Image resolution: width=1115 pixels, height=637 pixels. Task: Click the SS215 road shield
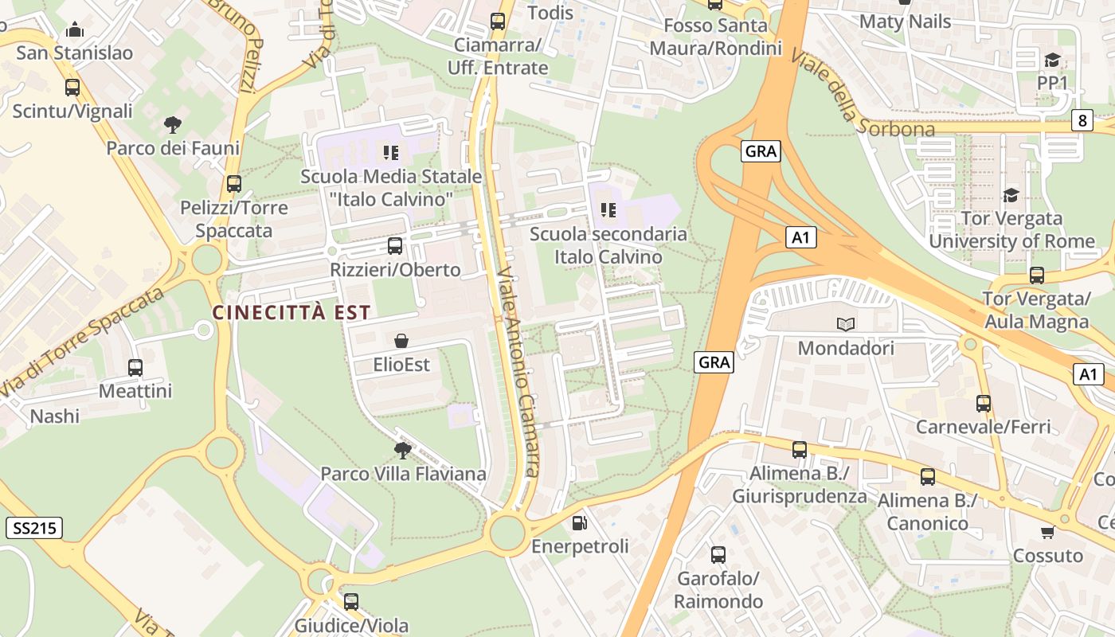(x=33, y=527)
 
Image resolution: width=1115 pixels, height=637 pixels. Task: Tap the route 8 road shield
(x=1081, y=120)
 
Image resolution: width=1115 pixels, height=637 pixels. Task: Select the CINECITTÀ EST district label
(x=291, y=312)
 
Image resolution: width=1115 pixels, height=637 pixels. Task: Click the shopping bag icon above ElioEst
(x=401, y=341)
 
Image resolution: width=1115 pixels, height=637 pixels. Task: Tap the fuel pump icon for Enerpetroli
(x=580, y=523)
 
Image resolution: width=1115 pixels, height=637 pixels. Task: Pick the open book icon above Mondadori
(x=846, y=324)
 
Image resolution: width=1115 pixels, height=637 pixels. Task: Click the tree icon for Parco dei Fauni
(x=172, y=125)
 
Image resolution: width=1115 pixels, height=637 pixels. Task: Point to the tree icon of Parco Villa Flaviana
(x=403, y=451)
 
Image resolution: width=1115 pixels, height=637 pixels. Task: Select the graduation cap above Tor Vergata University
(x=1011, y=195)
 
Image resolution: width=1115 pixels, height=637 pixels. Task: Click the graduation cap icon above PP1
(x=1052, y=60)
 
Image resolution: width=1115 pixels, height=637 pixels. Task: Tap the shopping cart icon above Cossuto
(x=1047, y=532)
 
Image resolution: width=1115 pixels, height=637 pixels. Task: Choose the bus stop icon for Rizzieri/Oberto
(x=395, y=246)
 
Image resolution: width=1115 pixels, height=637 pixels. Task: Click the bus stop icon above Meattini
(x=135, y=368)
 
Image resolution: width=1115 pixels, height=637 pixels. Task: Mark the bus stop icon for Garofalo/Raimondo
(x=718, y=555)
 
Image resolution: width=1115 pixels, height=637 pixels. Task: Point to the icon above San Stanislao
(x=75, y=30)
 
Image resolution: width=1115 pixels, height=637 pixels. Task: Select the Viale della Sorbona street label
(x=862, y=94)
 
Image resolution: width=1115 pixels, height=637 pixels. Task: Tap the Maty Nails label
(x=905, y=21)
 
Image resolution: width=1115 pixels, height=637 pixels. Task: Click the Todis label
(x=550, y=13)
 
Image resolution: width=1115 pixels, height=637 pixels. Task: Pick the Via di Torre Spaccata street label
(x=80, y=344)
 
